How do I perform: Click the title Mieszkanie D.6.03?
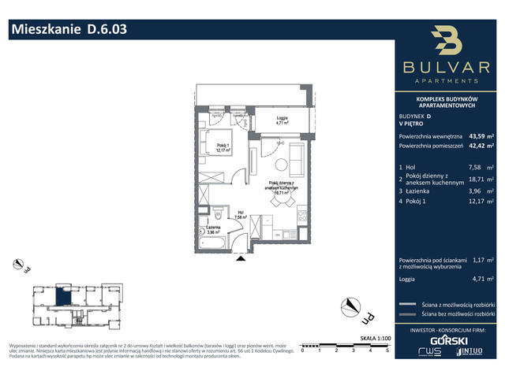(x=66, y=31)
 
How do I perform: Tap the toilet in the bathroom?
(x=218, y=210)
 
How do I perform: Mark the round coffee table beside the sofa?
(x=282, y=163)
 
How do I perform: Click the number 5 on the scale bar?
(x=387, y=350)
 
